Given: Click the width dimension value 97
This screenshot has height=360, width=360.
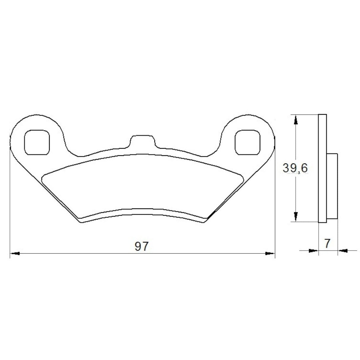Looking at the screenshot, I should (x=141, y=247).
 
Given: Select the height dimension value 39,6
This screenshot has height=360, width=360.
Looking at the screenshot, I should (x=295, y=168).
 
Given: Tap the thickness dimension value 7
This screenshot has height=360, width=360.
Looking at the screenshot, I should (x=327, y=243).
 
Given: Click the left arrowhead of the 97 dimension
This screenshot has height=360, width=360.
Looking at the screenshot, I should (x=15, y=254).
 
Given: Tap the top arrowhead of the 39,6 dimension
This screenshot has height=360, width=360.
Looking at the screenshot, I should (x=295, y=120).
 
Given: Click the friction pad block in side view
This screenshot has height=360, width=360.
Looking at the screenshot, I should (x=332, y=186).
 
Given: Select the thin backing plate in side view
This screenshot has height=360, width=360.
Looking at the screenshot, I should (x=323, y=168).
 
